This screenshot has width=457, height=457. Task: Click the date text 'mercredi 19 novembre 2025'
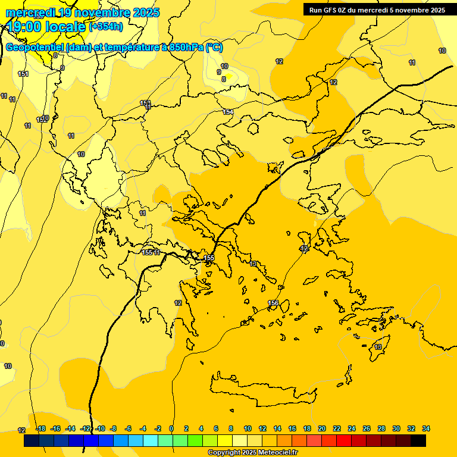tap(83, 12)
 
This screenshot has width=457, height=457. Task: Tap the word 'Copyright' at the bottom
tap(225, 452)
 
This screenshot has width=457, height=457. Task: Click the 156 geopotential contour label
tap(273, 303)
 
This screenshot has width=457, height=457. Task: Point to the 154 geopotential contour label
tap(228, 112)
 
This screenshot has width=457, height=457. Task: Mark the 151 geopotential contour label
tap(23, 74)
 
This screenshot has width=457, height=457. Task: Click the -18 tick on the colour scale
tap(40, 428)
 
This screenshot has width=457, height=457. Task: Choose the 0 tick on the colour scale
tap(171, 428)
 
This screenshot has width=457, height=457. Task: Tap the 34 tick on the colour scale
tap(426, 428)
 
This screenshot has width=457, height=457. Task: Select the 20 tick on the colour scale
tap(322, 428)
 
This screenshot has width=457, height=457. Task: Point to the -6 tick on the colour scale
tap(128, 428)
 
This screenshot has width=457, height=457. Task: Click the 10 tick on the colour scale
tap(247, 428)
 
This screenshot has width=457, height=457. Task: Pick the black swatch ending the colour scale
tap(418, 441)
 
